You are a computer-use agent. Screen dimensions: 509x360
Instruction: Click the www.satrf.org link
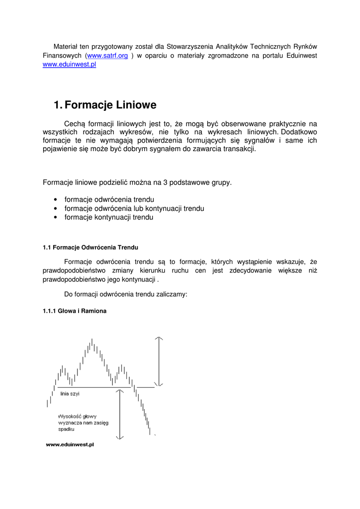pos(107,56)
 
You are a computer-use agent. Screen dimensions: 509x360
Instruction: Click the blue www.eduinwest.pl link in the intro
pos(69,65)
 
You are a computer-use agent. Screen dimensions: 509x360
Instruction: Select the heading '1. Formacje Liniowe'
pos(105,105)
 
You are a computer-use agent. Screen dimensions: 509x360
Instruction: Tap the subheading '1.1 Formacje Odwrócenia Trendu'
pos(90,247)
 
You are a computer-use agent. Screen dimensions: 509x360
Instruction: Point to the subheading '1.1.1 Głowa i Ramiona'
pos(75,311)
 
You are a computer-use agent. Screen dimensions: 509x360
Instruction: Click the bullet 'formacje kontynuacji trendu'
pos(109,217)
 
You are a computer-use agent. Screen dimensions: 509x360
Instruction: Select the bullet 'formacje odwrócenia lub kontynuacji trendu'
pos(134,208)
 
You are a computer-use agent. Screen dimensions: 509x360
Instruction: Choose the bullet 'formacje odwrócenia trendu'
pos(109,199)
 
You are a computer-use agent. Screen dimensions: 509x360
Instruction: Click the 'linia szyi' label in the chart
pos(70,394)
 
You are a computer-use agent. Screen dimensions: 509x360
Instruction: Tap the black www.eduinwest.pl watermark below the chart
pos(70,445)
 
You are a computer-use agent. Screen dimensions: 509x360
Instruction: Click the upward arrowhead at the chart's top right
pos(159,339)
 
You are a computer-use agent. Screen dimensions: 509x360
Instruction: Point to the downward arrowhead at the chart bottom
pos(119,437)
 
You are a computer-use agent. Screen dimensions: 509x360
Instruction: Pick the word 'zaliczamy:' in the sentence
pos(172,294)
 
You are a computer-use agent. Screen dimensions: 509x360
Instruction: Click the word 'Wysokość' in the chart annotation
pos(69,416)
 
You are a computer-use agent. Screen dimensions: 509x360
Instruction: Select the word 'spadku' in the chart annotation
pos(66,428)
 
